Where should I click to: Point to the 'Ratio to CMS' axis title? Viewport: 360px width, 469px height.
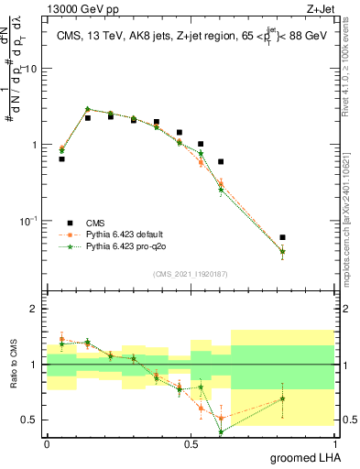[x=12, y=365]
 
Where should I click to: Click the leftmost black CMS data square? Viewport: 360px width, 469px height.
[x=61, y=158]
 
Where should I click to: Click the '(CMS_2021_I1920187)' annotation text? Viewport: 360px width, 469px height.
[x=190, y=274]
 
